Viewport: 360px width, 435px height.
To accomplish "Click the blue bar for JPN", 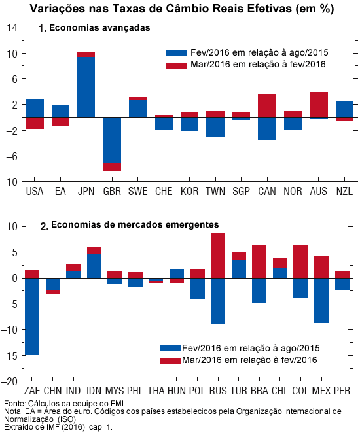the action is point(86,87).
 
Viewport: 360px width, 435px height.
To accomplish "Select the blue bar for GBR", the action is point(112,140).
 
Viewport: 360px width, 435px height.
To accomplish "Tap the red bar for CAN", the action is point(267,105).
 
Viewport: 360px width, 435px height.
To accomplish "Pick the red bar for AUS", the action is point(319,104).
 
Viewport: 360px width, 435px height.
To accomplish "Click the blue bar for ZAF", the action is point(32,317).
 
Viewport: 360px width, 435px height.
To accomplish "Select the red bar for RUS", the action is point(218,256).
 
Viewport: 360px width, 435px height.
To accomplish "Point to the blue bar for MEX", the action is point(321,300).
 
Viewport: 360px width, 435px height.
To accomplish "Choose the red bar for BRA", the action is point(259,262).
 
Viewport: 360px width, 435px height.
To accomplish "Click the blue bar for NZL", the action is point(344,109).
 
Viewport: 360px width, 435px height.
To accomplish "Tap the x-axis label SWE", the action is point(137,191).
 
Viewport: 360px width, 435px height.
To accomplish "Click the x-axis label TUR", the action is point(239,391).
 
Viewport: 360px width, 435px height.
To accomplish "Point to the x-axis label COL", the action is point(300,391).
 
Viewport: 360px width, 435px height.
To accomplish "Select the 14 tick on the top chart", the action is point(12,27).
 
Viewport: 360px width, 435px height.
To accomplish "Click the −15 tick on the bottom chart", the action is point(9,355).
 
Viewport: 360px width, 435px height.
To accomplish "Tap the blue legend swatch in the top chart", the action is point(176,53).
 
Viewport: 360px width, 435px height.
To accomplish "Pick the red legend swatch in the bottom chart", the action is point(170,361).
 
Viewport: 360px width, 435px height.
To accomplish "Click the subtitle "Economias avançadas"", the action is point(99,28).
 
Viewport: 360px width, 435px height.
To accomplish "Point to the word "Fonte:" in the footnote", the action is point(15,403).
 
